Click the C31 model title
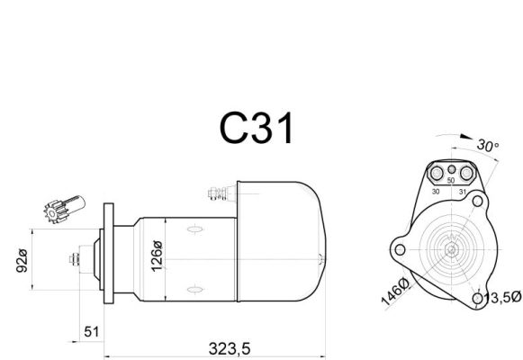(257, 128)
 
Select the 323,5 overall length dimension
(230, 349)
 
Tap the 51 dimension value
(92, 332)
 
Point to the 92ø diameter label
(22, 260)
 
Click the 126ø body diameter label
(156, 256)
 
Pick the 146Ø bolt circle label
(395, 292)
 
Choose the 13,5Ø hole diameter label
(502, 297)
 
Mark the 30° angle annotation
(487, 146)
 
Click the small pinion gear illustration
(65, 209)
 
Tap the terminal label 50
(451, 180)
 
